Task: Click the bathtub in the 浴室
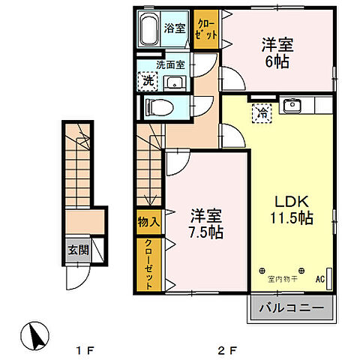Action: point(149,28)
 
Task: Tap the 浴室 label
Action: point(175,28)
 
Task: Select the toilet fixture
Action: point(160,107)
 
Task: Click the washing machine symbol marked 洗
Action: point(148,81)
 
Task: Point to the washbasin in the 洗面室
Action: point(175,82)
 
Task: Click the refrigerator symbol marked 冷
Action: point(262,113)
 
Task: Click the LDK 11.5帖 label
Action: point(292,209)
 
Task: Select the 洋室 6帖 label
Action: point(277,52)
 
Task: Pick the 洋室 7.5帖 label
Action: point(206,223)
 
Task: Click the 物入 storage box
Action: point(149,222)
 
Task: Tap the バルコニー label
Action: point(292,308)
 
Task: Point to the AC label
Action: point(320,279)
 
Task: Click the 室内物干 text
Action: point(283,279)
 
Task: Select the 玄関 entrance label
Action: point(79,250)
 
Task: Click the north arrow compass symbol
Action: point(34,336)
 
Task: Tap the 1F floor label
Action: point(85,351)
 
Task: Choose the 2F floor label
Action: point(227,351)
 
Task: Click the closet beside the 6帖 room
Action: point(206,29)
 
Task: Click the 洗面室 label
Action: point(171,65)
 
